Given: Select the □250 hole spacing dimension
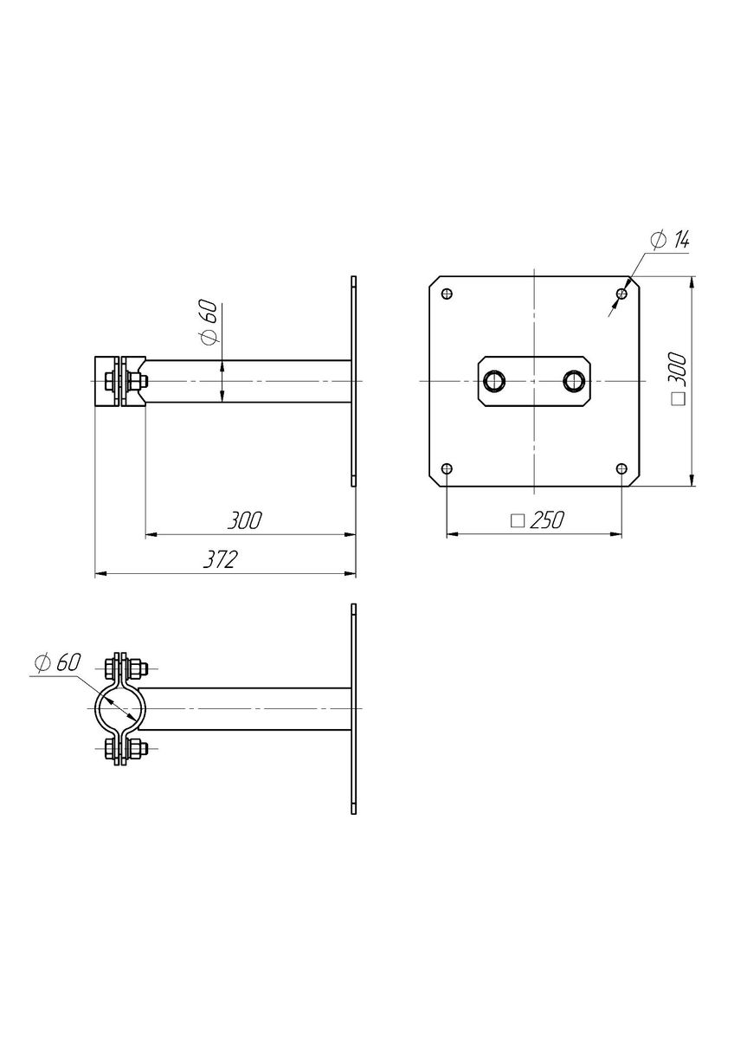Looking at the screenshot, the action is click(538, 520).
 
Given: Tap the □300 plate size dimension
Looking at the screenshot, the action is click(679, 379).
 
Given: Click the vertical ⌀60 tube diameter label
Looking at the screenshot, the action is click(208, 322).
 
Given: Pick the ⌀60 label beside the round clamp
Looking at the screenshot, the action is click(57, 662).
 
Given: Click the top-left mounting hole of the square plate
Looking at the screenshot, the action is click(447, 294).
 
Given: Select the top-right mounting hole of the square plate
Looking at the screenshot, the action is click(621, 294).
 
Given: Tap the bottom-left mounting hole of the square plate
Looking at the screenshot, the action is click(447, 468).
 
